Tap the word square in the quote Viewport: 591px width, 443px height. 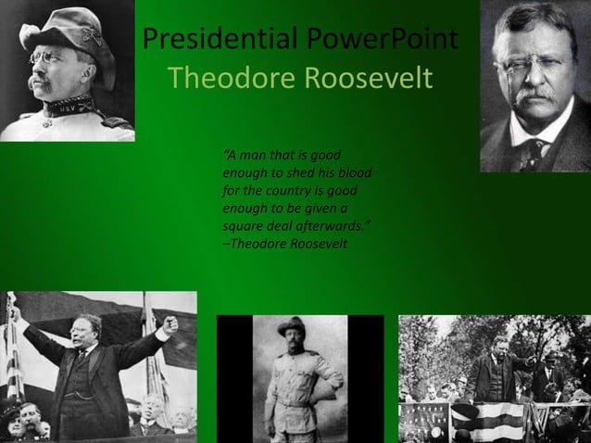[245, 225]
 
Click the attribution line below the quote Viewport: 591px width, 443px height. [284, 243]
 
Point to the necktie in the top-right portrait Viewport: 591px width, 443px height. [532, 153]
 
